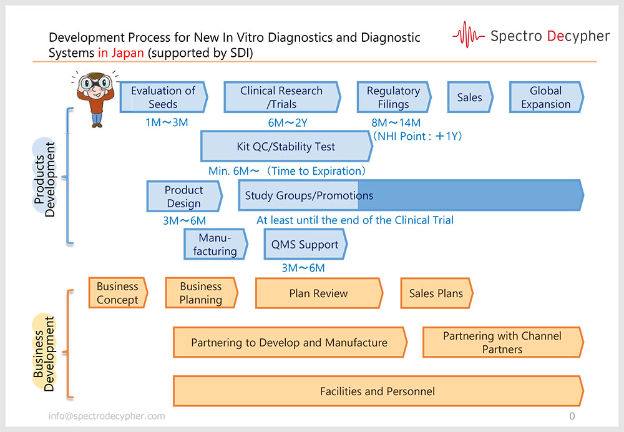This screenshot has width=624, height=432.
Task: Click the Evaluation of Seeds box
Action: coord(163,97)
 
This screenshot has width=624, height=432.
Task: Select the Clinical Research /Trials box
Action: coord(281,97)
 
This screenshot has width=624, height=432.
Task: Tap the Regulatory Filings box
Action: coord(393,97)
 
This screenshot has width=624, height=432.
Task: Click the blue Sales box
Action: coord(470,97)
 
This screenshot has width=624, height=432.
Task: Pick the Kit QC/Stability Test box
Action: coord(286,147)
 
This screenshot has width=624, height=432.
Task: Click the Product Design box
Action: coord(184,197)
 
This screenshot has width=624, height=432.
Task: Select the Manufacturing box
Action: coord(215,245)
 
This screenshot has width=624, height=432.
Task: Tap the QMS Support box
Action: coord(305,245)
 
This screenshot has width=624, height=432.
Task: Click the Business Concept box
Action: coord(117,293)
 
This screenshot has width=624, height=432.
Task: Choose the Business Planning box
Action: coord(201,293)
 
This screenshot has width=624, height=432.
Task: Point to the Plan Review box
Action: coord(318,293)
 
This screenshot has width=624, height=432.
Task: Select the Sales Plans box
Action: coord(436,293)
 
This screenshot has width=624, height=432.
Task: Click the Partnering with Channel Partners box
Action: coord(502,343)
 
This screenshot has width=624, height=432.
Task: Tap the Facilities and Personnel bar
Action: coord(377,391)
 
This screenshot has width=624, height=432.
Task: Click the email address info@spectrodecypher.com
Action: coord(107,416)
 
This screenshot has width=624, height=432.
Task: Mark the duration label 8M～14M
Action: coord(396,122)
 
